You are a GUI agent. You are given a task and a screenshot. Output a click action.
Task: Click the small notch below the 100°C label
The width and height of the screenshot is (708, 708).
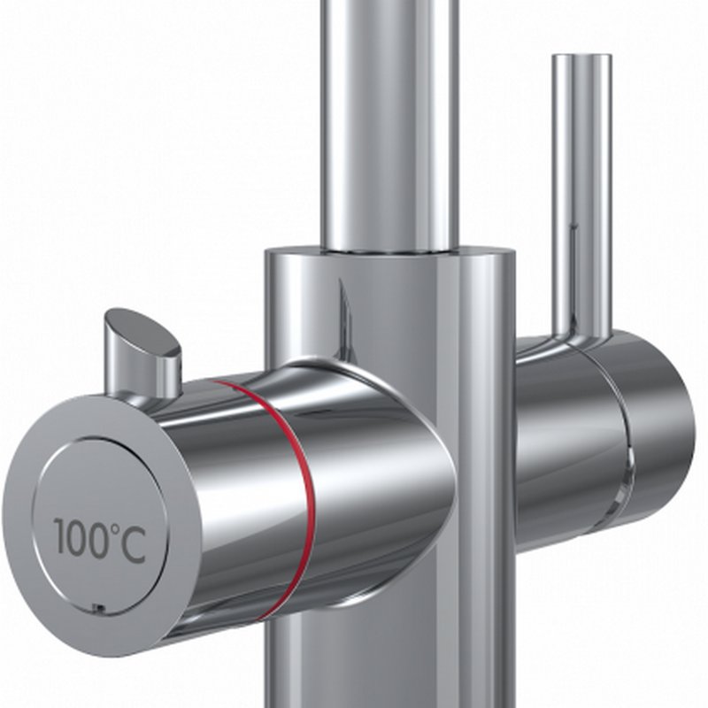pos(98,608)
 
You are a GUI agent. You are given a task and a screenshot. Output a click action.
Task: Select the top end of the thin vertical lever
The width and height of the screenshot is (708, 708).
pos(581,56)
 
